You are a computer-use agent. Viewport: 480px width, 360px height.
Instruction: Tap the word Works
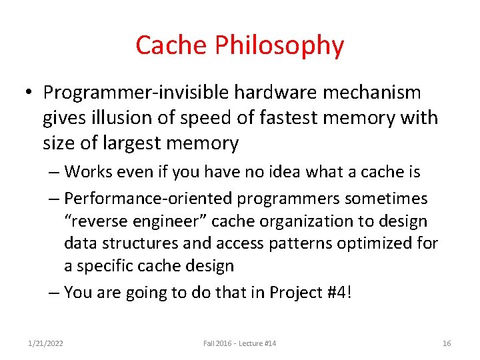(x=88, y=172)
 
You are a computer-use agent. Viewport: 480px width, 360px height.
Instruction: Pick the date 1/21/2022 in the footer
(x=45, y=343)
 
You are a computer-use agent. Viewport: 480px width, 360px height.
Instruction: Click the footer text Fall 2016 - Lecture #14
(x=239, y=343)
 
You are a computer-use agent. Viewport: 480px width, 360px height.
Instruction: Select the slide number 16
(x=447, y=343)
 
